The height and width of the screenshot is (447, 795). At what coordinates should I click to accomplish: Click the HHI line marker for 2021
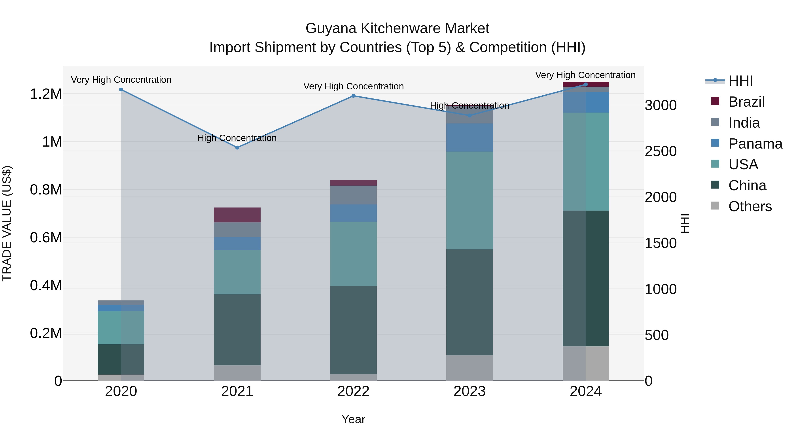click(237, 147)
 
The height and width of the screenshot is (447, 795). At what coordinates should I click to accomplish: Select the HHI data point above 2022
click(353, 96)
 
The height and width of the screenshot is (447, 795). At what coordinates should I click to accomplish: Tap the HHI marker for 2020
click(121, 89)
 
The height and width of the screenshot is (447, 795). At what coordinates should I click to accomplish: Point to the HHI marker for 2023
click(469, 115)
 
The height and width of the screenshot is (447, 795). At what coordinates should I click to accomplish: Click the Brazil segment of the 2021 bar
click(237, 215)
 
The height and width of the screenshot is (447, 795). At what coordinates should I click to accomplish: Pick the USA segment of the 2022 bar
click(353, 254)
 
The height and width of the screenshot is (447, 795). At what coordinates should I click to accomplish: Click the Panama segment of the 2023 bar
click(469, 137)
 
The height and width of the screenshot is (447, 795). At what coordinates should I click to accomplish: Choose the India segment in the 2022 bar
click(353, 195)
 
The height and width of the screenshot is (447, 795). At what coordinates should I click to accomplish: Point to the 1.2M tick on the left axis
click(46, 94)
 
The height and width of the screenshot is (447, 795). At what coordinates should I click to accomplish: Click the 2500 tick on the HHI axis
click(661, 151)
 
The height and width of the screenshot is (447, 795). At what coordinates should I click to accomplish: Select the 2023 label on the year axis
click(469, 391)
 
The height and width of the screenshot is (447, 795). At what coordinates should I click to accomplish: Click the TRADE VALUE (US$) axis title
click(7, 223)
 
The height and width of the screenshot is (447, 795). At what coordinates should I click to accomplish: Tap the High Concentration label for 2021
click(237, 138)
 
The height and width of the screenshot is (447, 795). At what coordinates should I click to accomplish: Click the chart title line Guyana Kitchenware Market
click(397, 28)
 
